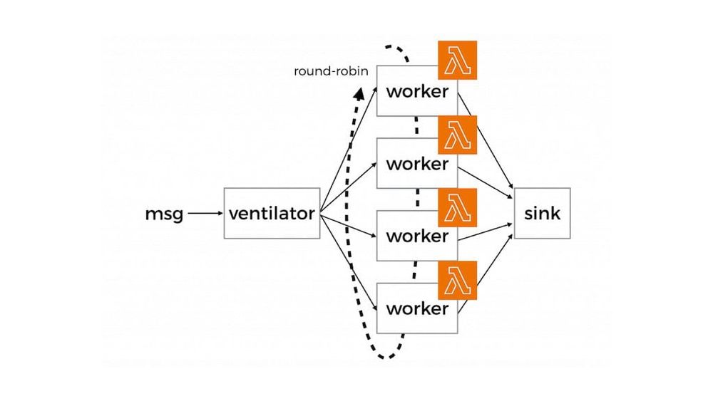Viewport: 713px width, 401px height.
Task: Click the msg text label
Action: [164, 213]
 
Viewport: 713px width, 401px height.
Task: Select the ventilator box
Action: [272, 213]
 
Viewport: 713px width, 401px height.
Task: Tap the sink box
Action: [542, 213]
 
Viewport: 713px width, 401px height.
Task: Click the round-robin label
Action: [331, 72]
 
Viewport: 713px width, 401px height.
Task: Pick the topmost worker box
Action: [416, 91]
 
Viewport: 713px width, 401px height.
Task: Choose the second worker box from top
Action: [416, 164]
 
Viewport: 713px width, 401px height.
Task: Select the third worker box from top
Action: [416, 236]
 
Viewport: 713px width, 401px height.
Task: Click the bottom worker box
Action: [416, 308]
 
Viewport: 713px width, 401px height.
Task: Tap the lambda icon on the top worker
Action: [457, 61]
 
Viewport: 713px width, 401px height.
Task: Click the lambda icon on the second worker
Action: [457, 134]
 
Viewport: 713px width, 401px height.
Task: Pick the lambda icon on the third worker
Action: [457, 207]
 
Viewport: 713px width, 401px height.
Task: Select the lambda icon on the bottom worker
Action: [457, 279]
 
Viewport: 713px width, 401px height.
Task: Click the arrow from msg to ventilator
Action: [205, 213]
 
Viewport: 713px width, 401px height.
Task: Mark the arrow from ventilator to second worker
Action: [349, 187]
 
